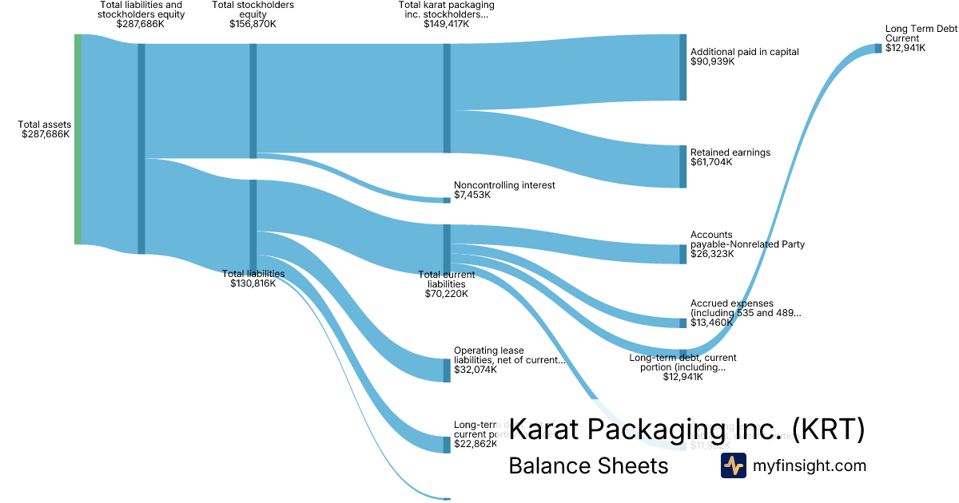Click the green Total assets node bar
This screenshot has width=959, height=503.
(78, 139)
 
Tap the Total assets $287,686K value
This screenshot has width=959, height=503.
(46, 134)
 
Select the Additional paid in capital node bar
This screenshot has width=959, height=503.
(682, 67)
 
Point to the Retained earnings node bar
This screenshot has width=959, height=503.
(682, 166)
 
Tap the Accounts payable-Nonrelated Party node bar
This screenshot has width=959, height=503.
(682, 254)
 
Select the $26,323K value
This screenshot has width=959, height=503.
(712, 254)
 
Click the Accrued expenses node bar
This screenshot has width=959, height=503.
(682, 323)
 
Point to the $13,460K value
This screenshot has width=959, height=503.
(712, 323)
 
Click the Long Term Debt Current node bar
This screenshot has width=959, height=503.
(877, 48)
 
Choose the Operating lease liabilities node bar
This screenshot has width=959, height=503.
(447, 370)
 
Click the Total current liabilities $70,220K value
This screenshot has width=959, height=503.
(446, 294)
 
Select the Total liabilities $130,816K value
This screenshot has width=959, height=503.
(253, 283)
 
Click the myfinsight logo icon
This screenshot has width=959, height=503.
(733, 465)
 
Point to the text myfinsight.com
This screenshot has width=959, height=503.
(810, 465)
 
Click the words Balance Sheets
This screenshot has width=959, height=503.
(588, 465)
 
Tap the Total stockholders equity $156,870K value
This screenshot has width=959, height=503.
(253, 24)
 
